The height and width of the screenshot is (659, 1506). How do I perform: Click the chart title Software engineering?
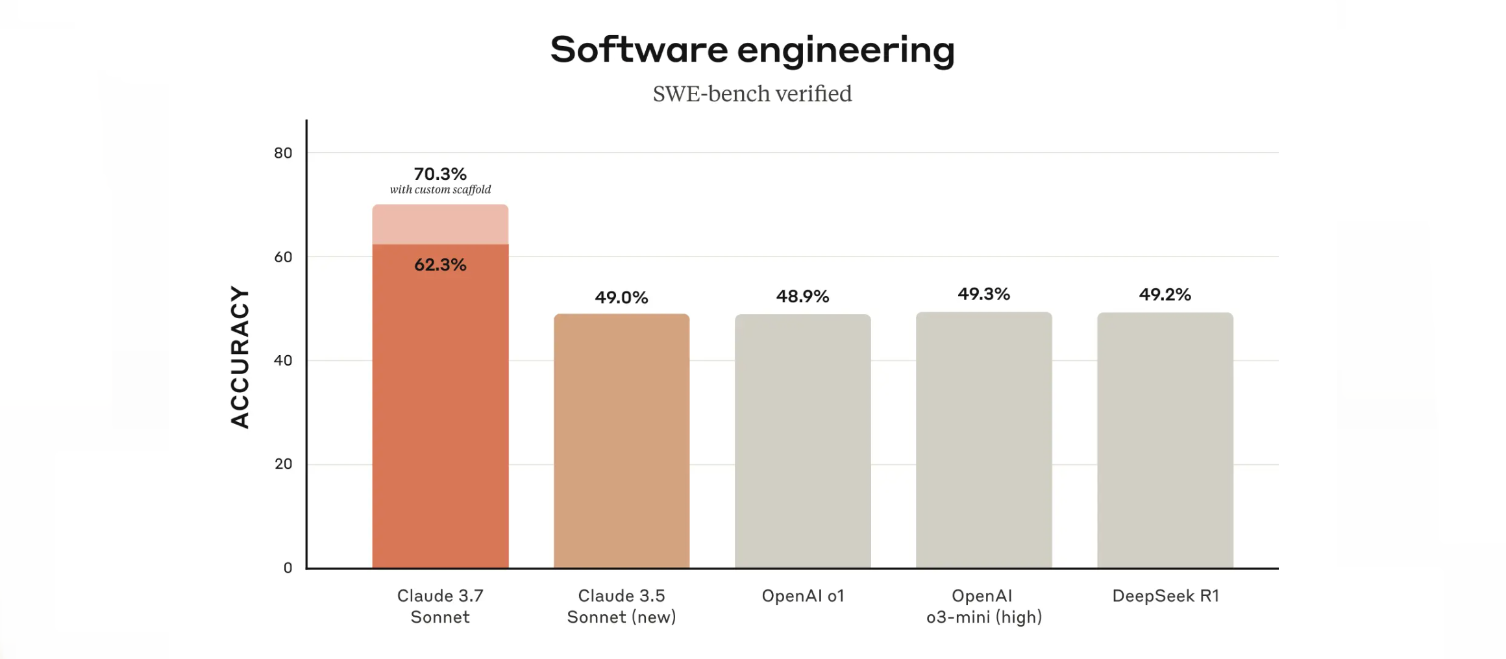coord(752,50)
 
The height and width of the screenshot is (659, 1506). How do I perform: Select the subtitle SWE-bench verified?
coord(752,94)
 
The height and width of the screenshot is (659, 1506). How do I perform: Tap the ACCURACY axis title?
coord(240,357)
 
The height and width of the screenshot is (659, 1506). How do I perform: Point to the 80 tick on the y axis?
coord(283,153)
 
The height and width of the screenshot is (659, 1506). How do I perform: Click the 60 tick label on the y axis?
coord(283,257)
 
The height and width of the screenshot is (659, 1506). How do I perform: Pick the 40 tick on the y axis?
coord(283,360)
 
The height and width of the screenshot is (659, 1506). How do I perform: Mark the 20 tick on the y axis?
coord(283,464)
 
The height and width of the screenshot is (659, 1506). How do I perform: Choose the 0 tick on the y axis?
coord(288,568)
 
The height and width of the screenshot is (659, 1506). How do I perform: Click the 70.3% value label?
coord(440,174)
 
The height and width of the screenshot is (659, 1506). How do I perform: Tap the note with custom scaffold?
coord(440,190)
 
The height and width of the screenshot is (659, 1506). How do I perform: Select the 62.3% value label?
coord(440,265)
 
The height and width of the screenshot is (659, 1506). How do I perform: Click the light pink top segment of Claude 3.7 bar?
coord(440,225)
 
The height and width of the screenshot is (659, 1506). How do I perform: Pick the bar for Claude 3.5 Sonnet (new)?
coord(621,441)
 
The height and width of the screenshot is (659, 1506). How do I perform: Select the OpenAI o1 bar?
coord(802,441)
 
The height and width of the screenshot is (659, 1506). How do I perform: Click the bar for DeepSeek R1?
coord(1165,441)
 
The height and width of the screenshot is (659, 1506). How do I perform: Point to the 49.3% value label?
coord(984,294)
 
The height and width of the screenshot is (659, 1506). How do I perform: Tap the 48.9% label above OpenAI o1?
coord(802,297)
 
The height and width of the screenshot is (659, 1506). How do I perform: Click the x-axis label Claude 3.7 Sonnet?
coord(440,606)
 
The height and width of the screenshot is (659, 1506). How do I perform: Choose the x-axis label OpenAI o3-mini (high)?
coord(984,606)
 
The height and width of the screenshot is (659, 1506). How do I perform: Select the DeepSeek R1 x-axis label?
coord(1165,596)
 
